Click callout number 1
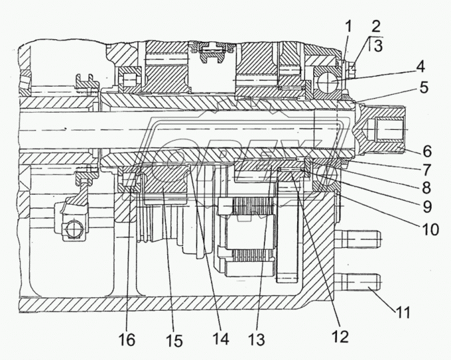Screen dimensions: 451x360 click(348, 27)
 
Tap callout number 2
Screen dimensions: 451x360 click(375, 27)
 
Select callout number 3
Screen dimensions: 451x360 click(378, 45)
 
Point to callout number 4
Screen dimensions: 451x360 click(420, 67)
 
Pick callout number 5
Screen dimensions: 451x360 click(424, 87)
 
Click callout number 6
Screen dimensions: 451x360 click(427, 151)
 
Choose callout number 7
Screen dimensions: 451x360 click(426, 170)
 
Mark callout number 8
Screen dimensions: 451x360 click(426, 188)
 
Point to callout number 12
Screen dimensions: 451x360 click(340, 336)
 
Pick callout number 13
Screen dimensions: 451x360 click(256, 339)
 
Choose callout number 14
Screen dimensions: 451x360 click(221, 339)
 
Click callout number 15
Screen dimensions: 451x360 click(174, 341)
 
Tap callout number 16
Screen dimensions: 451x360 click(127, 340)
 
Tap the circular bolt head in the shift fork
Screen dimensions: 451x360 click(74, 229)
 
